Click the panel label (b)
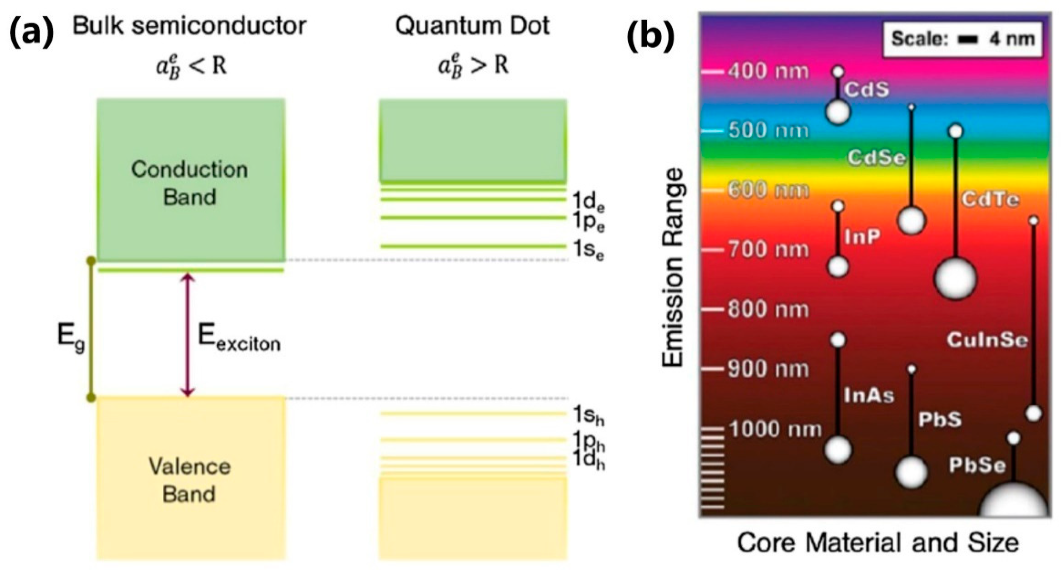[650, 36]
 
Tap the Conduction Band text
[189, 183]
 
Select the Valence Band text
[189, 480]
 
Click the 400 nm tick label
[768, 72]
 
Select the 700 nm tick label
[768, 250]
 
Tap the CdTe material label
[990, 200]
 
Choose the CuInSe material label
[987, 340]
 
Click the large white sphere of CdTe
[955, 279]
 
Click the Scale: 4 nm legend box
[962, 39]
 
